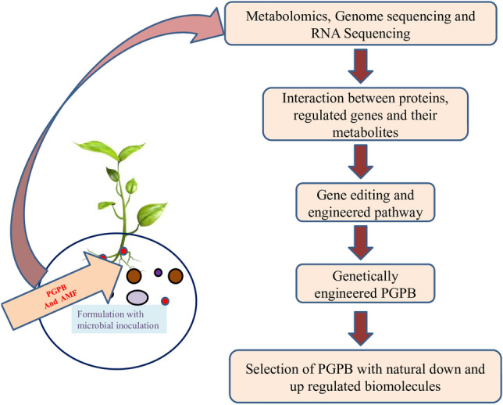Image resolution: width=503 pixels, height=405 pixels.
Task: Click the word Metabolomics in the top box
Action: click(287, 16)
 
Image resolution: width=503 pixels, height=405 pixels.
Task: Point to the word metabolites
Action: click(365, 132)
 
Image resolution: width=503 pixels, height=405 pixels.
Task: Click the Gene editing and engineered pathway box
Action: click(365, 202)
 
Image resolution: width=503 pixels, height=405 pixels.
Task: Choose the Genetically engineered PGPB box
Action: click(365, 284)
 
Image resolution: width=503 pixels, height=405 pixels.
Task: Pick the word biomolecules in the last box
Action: click(403, 385)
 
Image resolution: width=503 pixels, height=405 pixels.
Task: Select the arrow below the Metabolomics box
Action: click(361, 66)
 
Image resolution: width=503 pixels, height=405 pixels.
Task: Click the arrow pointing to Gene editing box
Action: click(361, 162)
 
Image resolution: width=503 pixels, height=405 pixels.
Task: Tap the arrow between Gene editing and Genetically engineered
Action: click(361, 242)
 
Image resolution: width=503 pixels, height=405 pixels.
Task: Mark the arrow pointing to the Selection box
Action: click(361, 328)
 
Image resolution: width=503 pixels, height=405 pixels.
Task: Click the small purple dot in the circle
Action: click(158, 273)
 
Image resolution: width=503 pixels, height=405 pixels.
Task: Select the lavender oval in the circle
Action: click(137, 297)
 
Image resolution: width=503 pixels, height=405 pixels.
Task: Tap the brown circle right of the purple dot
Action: click(176, 276)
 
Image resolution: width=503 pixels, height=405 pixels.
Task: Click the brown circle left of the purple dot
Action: click(134, 276)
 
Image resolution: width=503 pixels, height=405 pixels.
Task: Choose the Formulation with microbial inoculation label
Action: click(118, 320)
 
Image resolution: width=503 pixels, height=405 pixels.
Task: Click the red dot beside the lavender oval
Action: click(165, 301)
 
